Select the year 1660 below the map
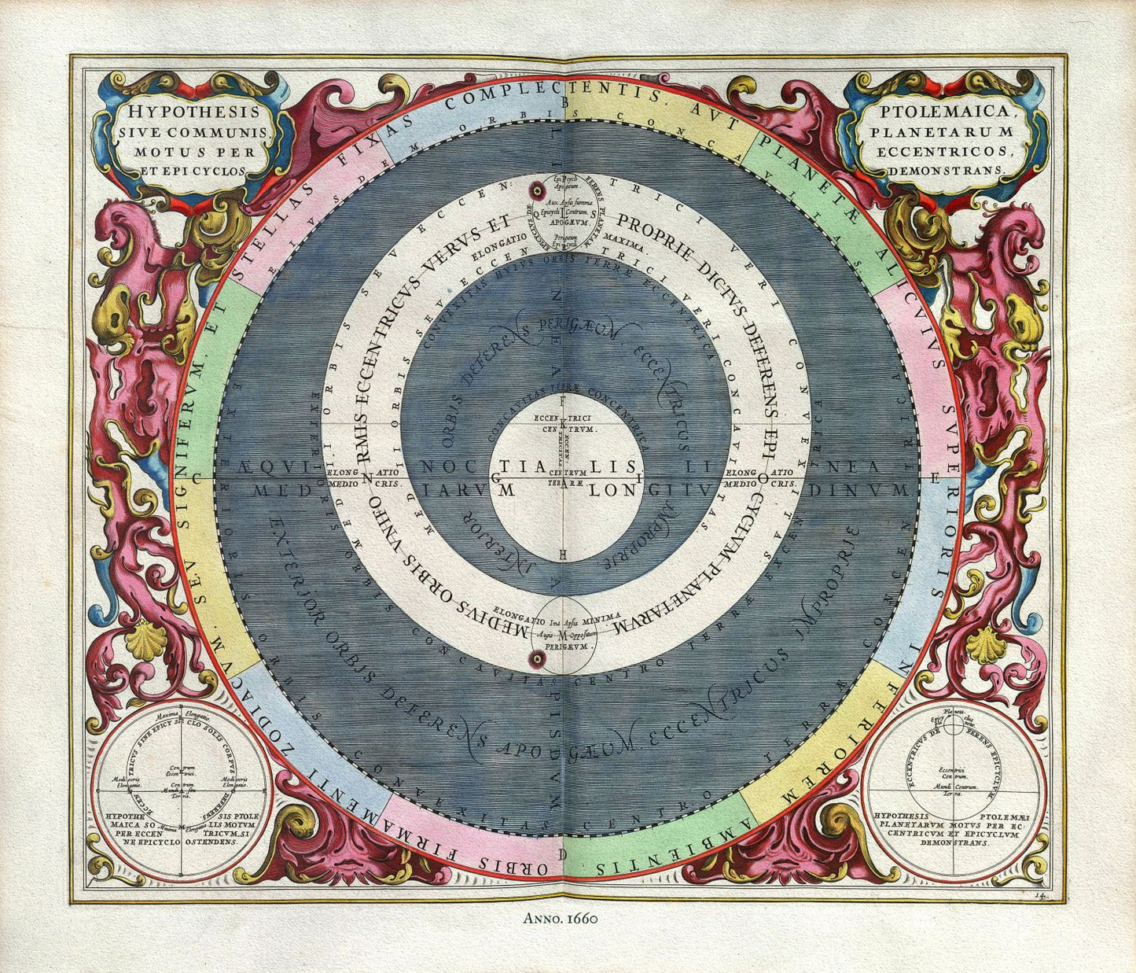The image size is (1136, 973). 582,917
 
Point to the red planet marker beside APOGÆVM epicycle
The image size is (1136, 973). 538,190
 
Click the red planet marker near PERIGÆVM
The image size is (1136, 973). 539,658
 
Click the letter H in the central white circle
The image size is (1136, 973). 561,554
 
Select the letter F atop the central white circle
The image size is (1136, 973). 561,400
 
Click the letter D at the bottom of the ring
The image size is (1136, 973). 561,853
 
